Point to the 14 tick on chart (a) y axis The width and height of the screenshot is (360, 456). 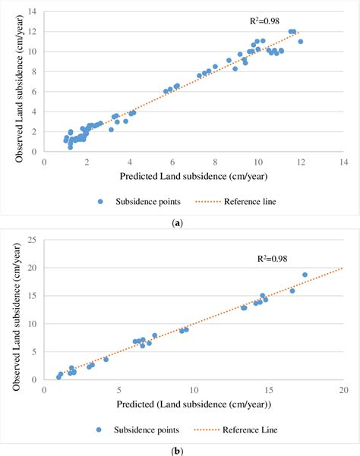pos(33,12)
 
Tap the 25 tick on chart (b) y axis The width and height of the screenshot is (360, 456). pos(33,240)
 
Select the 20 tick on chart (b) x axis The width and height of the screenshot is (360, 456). pos(343,389)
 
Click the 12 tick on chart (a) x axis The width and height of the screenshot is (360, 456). pos(301,162)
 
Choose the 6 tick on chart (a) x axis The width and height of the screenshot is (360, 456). pos(172,162)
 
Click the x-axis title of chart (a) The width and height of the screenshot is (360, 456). pos(194,176)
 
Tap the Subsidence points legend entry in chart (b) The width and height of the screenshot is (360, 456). pos(142,429)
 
